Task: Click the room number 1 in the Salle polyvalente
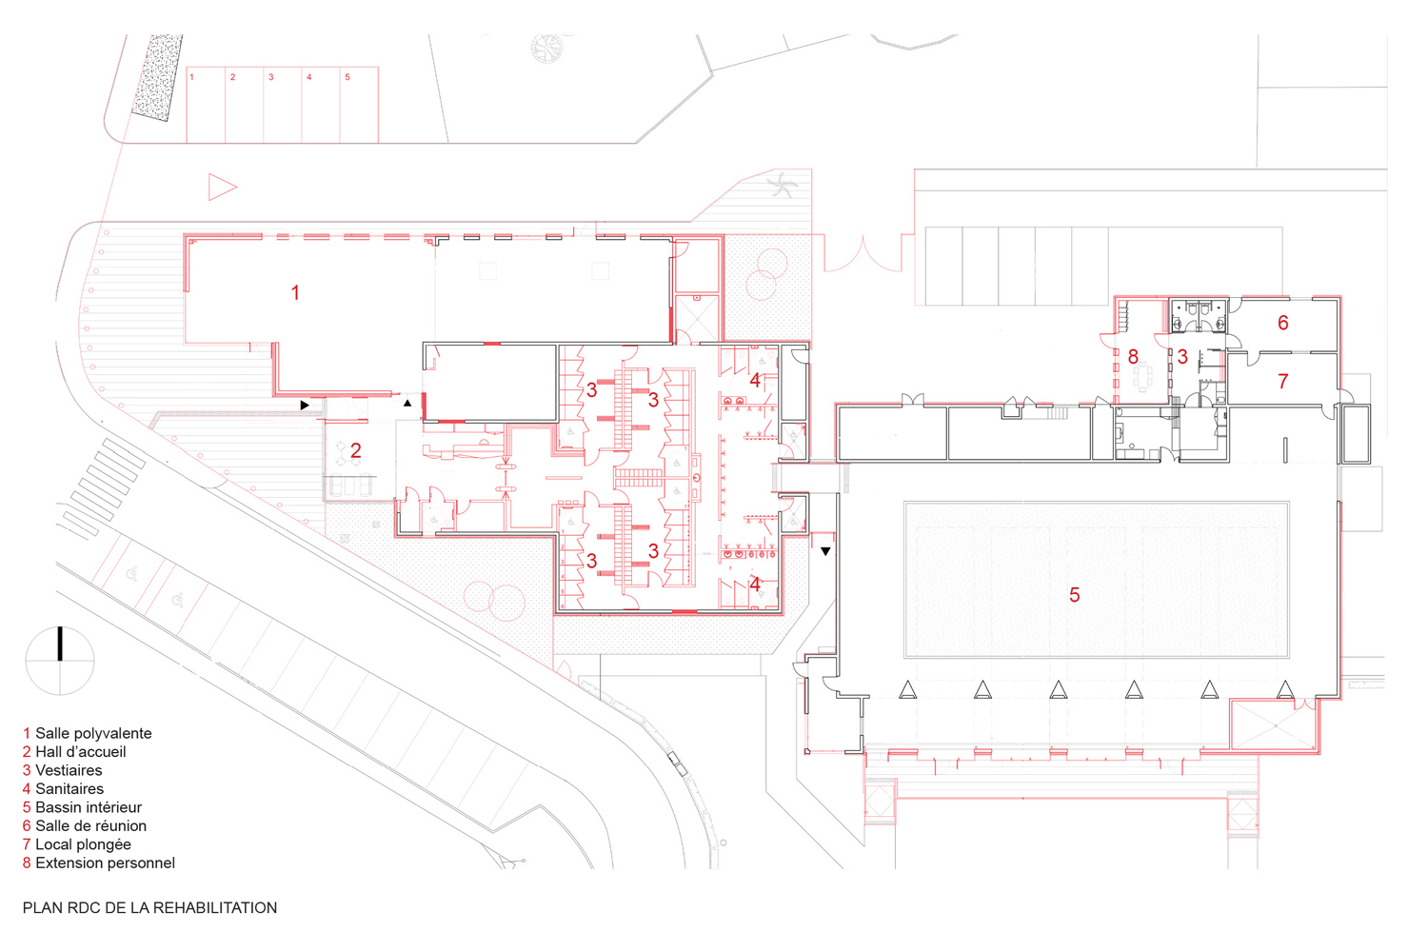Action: (295, 292)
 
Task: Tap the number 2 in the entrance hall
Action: (356, 451)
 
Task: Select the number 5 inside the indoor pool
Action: (1074, 595)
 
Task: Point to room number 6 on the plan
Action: (1282, 323)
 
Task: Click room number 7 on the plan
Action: (1282, 382)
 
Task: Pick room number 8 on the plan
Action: (1133, 356)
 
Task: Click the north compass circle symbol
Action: (60, 661)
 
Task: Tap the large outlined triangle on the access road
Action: (221, 188)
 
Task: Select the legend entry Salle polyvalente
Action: (88, 733)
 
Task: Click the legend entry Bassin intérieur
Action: (82, 807)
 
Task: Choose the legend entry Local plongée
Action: (77, 844)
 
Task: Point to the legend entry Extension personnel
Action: (99, 863)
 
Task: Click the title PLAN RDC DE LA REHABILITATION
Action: (149, 907)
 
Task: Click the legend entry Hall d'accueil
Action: (74, 752)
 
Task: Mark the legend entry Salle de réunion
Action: (85, 825)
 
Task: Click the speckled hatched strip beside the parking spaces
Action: (157, 77)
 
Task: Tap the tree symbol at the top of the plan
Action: (547, 48)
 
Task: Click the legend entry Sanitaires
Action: (63, 789)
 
